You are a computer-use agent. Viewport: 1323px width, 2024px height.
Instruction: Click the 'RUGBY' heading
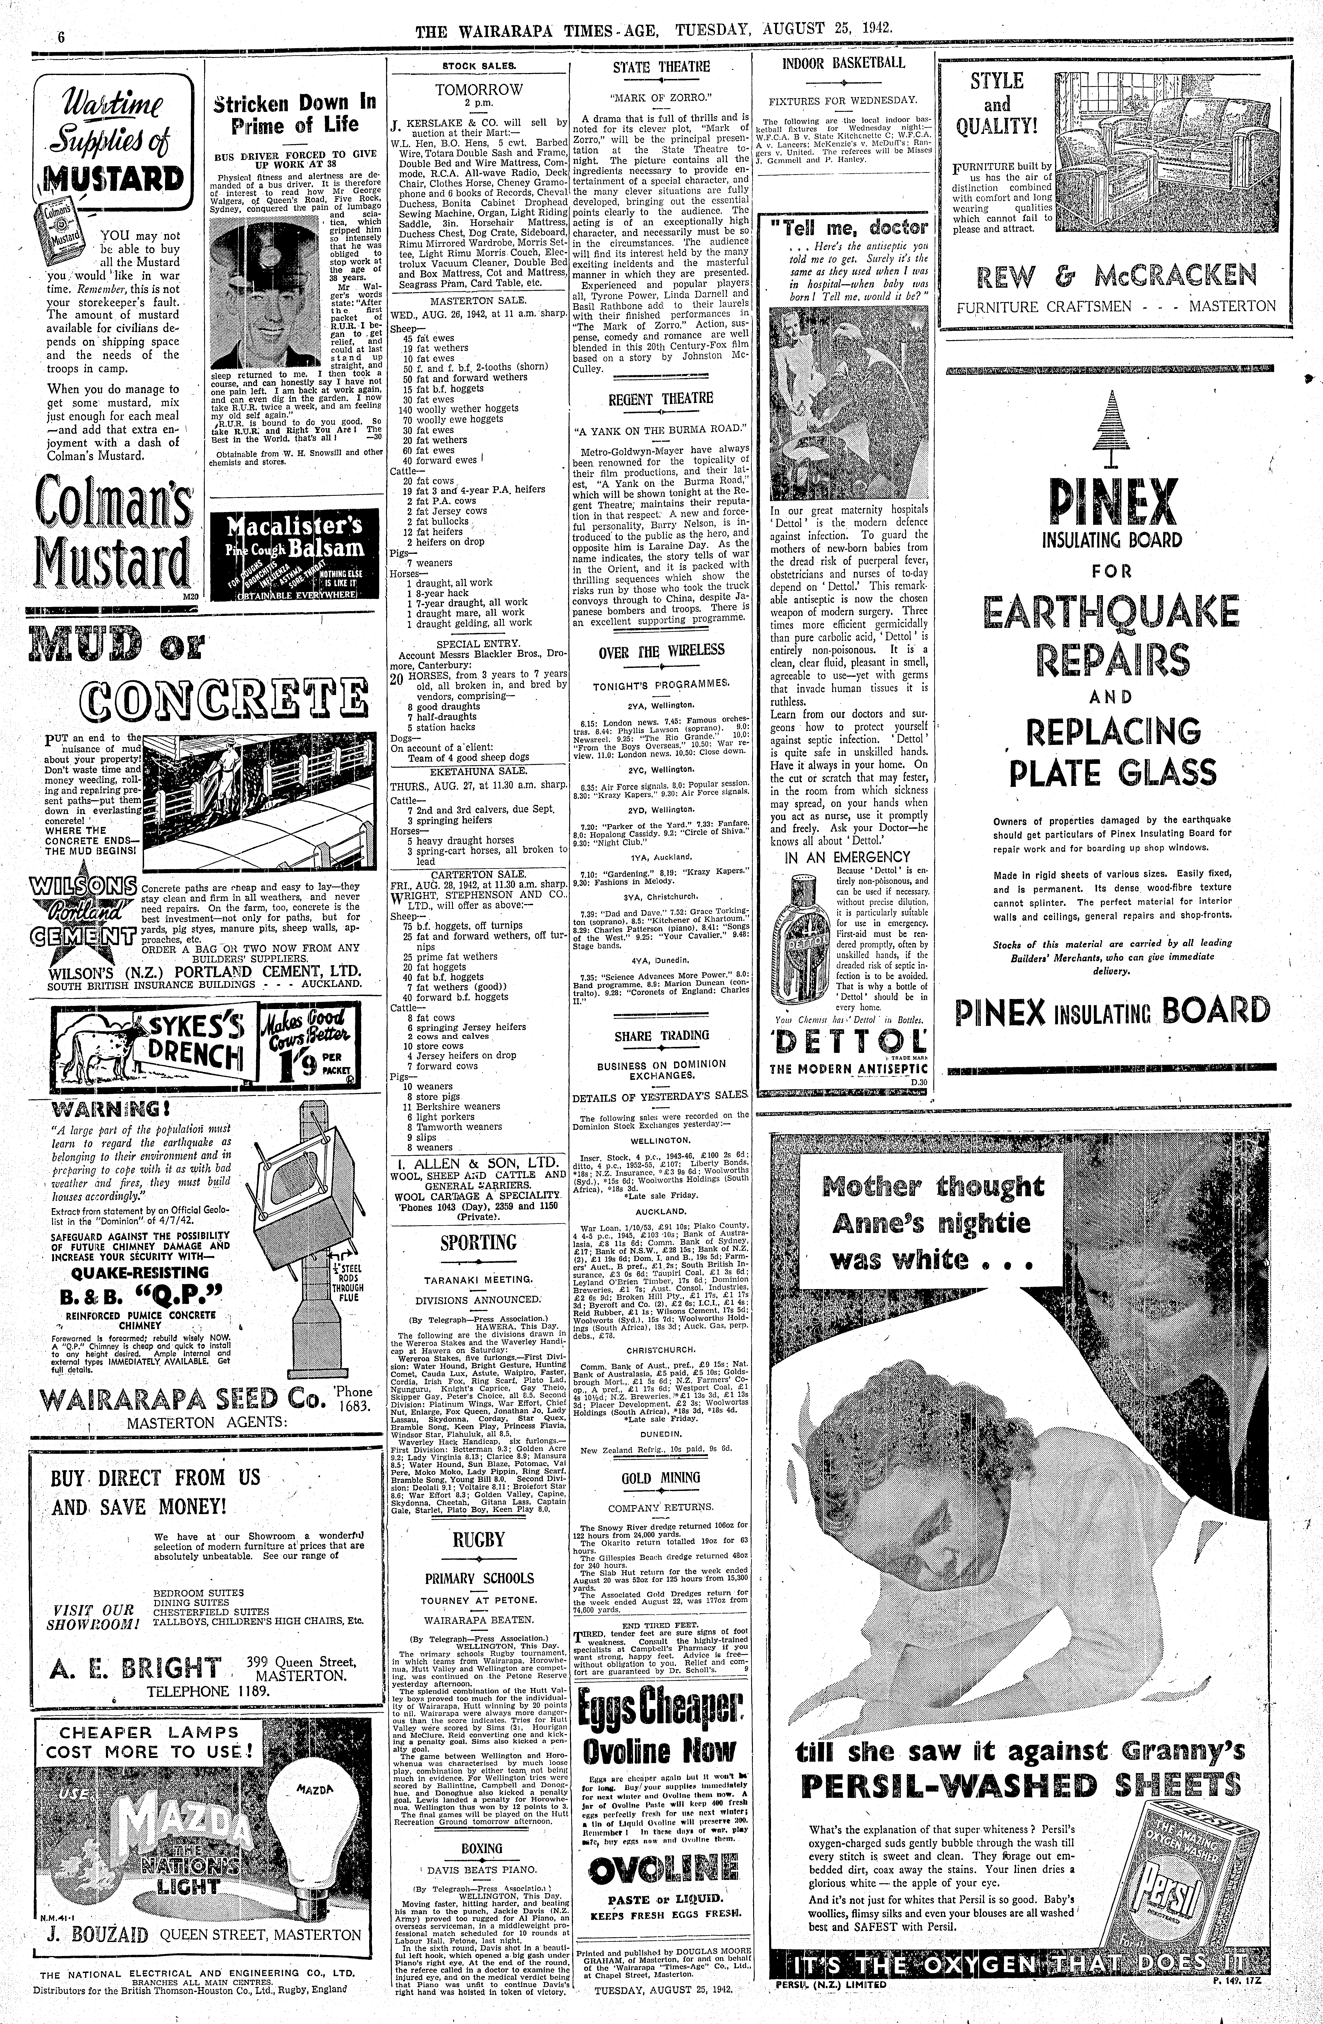pyautogui.click(x=478, y=1539)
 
